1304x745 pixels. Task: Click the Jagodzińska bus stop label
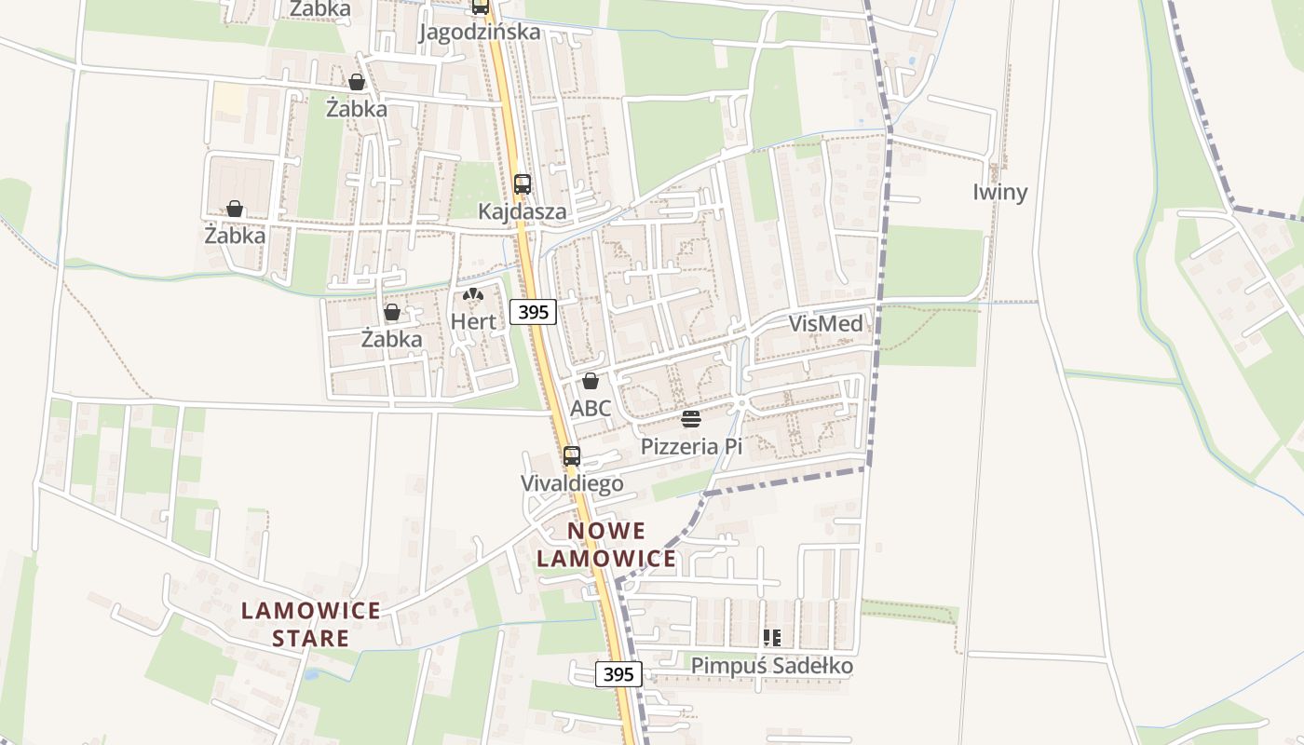tap(480, 32)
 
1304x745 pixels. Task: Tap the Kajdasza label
tap(522, 211)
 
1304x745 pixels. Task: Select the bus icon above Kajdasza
tap(523, 184)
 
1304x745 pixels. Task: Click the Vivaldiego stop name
tap(571, 484)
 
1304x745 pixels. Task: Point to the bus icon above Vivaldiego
tap(572, 456)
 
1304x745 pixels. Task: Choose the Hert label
tap(473, 321)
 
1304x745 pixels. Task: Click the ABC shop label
tap(591, 408)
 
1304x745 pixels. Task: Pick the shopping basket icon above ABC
tap(591, 381)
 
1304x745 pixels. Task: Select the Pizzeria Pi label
tap(691, 447)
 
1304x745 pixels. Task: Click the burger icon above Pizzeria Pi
tap(690, 419)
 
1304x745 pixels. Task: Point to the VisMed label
tap(825, 324)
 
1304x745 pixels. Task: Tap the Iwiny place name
tap(1000, 193)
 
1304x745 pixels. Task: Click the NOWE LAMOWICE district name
tap(606, 545)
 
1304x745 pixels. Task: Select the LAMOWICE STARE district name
tap(310, 624)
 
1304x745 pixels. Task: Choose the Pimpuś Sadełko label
tap(772, 666)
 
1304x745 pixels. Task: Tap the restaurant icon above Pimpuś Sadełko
tap(772, 638)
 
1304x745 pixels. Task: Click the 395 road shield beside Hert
tap(534, 312)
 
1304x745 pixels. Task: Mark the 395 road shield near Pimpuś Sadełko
tap(619, 674)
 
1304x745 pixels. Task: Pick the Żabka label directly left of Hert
tap(391, 339)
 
